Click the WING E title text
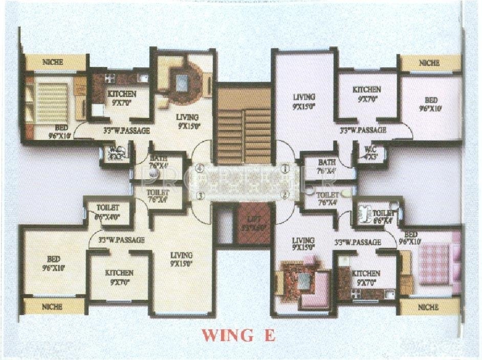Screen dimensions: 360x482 [239, 335]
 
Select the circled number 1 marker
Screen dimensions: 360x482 [285, 167]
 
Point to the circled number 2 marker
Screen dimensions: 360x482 [285, 194]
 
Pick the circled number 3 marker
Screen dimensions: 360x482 [201, 195]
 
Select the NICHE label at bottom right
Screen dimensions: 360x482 [428, 307]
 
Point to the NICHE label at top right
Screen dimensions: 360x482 [429, 63]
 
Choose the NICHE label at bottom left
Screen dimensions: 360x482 [52, 307]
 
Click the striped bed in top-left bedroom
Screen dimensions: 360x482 [51, 102]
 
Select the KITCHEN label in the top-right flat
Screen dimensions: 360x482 [366, 90]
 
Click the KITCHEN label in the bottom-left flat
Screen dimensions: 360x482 [119, 273]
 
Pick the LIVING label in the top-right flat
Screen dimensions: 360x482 [304, 97]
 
